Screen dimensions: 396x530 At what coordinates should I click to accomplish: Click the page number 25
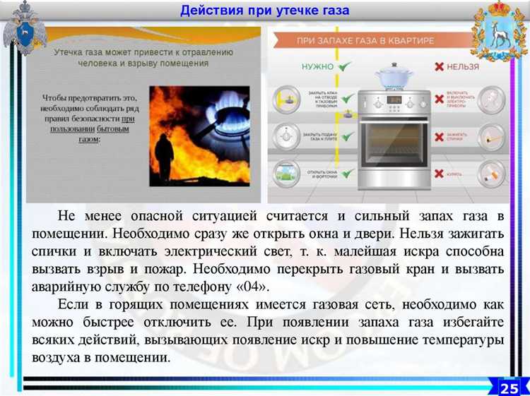(x=509, y=387)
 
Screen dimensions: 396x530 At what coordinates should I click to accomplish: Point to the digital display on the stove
(x=395, y=100)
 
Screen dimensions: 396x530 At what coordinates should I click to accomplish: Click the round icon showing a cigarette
(x=490, y=172)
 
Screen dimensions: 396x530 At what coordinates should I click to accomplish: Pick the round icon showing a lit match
(x=490, y=136)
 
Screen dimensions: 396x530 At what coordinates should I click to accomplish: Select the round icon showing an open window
(x=285, y=173)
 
